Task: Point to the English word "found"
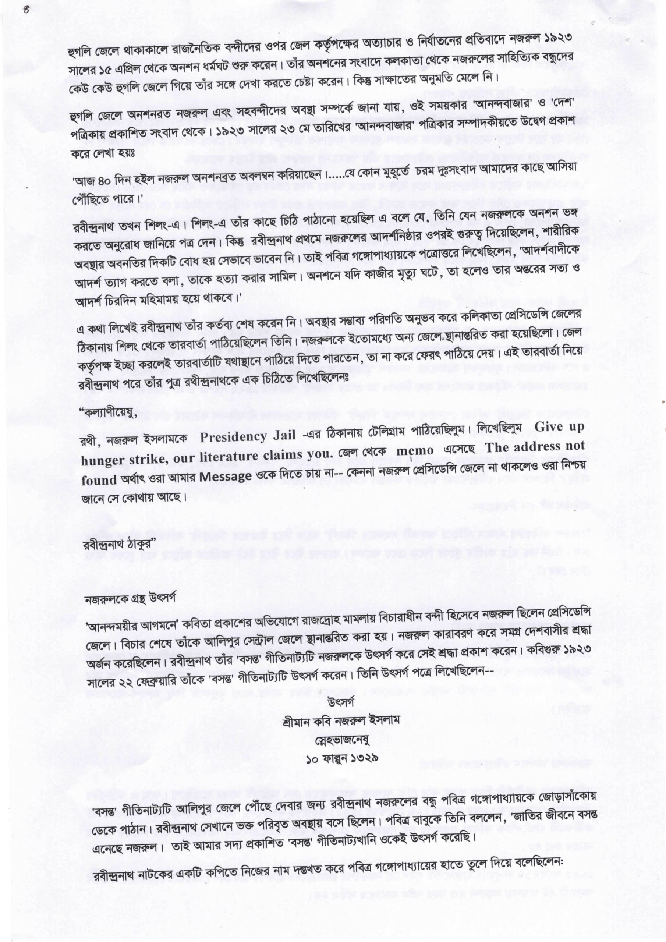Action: [99, 481]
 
